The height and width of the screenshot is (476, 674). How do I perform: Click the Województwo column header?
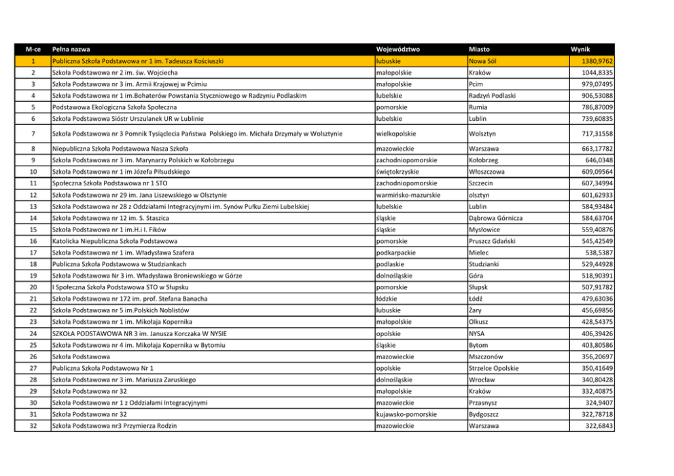pyautogui.click(x=399, y=50)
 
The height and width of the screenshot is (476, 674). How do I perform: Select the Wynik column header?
pyautogui.click(x=580, y=50)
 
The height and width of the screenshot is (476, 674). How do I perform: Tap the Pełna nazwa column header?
pyautogui.click(x=71, y=50)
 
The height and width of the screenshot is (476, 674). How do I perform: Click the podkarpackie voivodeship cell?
pyautogui.click(x=400, y=253)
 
